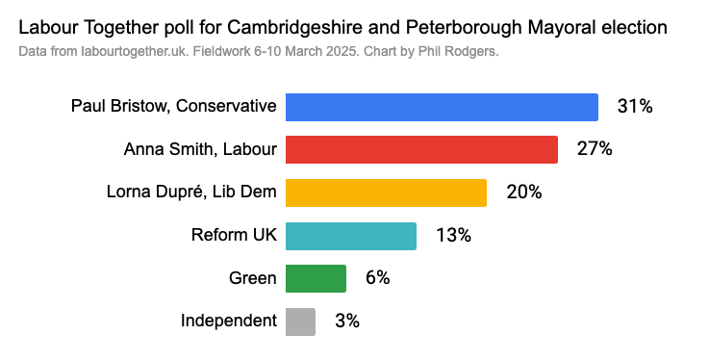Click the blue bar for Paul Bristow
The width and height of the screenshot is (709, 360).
click(442, 107)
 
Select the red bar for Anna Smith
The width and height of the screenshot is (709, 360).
click(421, 149)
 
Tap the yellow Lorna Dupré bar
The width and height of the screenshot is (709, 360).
click(386, 193)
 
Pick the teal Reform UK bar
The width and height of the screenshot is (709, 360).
click(351, 236)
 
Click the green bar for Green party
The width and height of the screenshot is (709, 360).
click(316, 278)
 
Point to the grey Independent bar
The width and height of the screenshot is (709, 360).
click(300, 321)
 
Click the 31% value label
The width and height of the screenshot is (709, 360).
click(635, 107)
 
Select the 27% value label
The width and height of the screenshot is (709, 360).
click(595, 149)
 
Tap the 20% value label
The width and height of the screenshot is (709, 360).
click(524, 193)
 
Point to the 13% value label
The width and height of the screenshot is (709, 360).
click(453, 236)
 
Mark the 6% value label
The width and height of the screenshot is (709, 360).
click(377, 278)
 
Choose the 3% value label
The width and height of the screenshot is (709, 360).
click(346, 321)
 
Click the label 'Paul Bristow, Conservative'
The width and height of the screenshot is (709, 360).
click(174, 107)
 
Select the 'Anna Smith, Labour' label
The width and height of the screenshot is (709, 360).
click(200, 149)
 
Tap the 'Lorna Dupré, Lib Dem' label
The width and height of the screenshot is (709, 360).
click(190, 193)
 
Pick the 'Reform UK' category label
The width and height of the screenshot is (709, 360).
click(234, 236)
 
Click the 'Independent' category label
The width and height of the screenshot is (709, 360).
click(229, 321)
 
